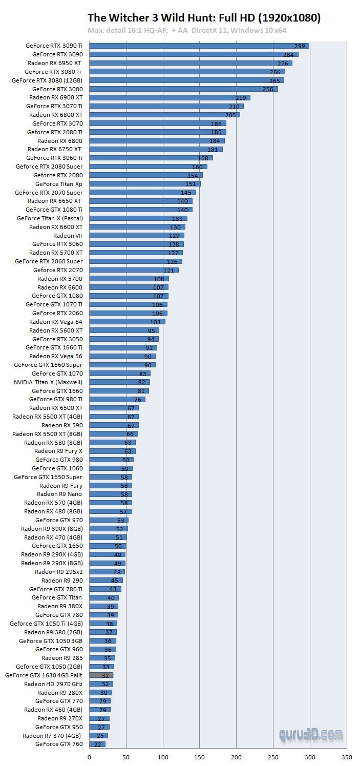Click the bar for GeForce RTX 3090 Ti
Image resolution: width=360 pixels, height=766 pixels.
(x=199, y=46)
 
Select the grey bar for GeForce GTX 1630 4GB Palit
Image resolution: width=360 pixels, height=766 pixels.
(x=101, y=675)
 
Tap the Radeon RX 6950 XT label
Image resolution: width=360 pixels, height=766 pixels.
(x=55, y=63)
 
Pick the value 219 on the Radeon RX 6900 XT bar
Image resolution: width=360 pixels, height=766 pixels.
(x=241, y=98)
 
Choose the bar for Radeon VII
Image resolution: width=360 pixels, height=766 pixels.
(x=137, y=235)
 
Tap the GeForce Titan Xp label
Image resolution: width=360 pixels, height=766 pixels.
(x=59, y=184)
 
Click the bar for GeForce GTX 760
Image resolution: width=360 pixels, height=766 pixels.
(x=97, y=744)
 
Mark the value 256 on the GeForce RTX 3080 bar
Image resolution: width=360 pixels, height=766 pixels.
(x=268, y=89)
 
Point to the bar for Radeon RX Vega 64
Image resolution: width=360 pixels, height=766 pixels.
(x=128, y=322)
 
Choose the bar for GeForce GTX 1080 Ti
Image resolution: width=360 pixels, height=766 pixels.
(x=141, y=210)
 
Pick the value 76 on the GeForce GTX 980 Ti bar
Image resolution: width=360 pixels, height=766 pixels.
(x=138, y=400)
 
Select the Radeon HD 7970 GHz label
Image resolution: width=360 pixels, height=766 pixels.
(x=53, y=684)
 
